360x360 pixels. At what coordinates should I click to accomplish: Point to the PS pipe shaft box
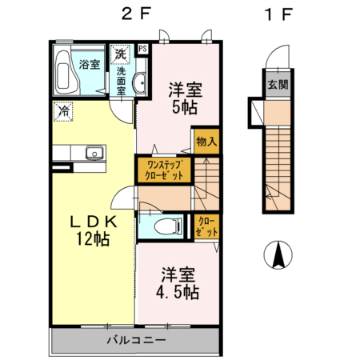143,49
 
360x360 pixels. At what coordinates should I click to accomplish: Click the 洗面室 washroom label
121,81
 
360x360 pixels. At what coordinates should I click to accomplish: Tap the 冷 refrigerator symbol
63,110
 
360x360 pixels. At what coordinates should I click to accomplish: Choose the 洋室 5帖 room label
183,98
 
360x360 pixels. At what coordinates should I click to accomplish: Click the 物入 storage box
206,142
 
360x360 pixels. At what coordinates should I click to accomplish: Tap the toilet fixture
166,226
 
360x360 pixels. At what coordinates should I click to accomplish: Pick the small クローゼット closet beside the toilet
205,226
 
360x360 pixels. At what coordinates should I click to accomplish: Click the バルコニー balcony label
135,341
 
